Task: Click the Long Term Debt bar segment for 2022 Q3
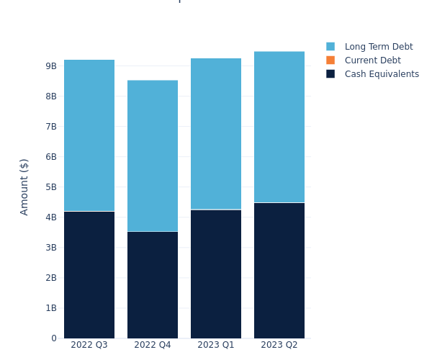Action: coord(89,135)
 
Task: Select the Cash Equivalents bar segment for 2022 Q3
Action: coord(89,274)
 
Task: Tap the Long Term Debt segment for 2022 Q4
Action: coord(153,156)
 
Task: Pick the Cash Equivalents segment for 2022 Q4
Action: coord(153,284)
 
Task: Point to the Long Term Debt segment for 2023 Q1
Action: coord(216,134)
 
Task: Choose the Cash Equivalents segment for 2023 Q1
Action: coord(216,274)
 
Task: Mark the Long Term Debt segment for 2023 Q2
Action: coord(279,127)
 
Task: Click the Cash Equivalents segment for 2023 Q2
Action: coord(279,270)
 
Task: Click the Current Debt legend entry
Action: coord(372,60)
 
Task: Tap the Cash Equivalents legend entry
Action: coord(382,74)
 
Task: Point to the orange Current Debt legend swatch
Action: coord(330,60)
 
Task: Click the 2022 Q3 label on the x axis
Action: coord(89,346)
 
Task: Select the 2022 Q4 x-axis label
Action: coord(153,346)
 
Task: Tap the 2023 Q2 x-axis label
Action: coord(279,346)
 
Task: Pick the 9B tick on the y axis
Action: coord(50,66)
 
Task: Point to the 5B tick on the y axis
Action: coord(50,187)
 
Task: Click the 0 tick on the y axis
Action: coord(53,338)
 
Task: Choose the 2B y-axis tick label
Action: coord(50,278)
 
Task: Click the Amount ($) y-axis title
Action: coord(24,186)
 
